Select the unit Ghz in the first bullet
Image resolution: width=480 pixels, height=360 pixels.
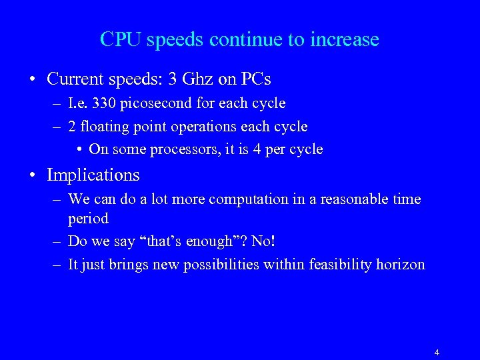tap(198, 79)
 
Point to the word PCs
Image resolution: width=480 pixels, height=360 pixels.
tap(255, 79)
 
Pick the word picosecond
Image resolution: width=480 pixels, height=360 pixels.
tap(155, 104)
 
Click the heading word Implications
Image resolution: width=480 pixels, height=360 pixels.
tap(93, 175)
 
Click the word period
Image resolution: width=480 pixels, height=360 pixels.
tap(88, 219)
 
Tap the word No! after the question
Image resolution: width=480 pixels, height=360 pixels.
tap(263, 241)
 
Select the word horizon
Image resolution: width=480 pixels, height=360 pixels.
tap(400, 265)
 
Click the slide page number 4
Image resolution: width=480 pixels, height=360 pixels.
tap(437, 353)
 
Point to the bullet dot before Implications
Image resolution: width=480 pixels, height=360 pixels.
tap(32, 176)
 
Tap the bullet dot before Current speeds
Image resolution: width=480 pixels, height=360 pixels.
tap(32, 80)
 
